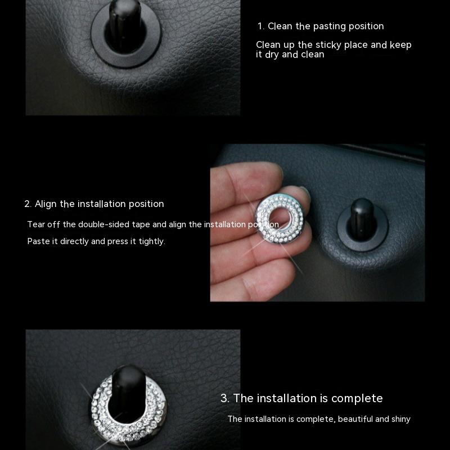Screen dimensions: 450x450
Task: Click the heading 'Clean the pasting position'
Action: coord(326,26)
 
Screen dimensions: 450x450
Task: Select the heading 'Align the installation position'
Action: coord(100,204)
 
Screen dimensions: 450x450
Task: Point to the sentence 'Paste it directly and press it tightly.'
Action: coord(96,241)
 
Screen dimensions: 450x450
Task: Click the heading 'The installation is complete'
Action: coord(308,398)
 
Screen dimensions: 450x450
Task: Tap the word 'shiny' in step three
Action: coord(401,419)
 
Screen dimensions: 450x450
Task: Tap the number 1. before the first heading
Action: coord(260,26)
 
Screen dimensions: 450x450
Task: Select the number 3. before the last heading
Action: coord(224,398)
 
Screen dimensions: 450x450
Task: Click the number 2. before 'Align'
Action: coord(28,204)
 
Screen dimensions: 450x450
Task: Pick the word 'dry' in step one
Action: coord(272,55)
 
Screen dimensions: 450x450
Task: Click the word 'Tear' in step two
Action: coord(36,224)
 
